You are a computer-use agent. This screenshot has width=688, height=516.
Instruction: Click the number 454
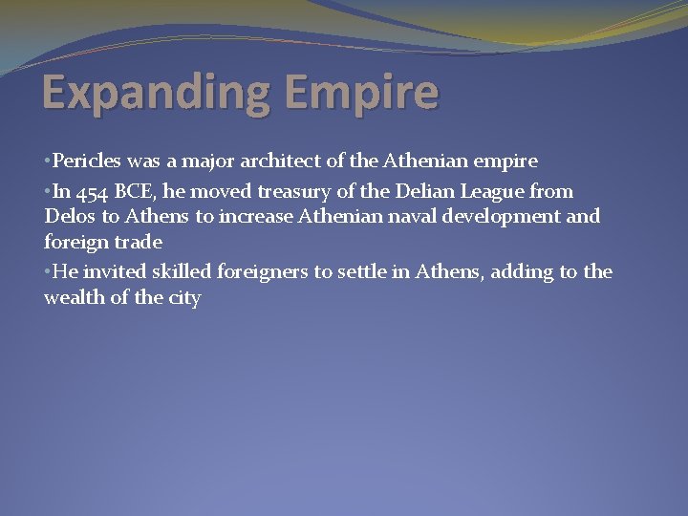coord(94,191)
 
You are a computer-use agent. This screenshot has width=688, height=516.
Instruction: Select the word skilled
coord(183,271)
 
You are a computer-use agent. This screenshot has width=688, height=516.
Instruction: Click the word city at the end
coord(184,298)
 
